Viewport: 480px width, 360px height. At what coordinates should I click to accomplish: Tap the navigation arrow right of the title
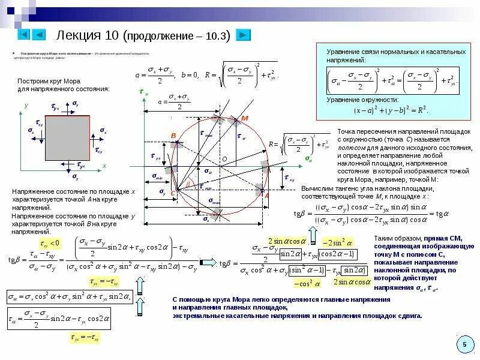[243, 35]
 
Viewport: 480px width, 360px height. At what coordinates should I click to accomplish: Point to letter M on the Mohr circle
[244, 118]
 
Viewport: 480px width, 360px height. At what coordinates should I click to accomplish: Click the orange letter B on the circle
[173, 136]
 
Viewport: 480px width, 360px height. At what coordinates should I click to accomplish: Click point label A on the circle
[266, 196]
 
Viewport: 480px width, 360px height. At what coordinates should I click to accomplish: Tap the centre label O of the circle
[224, 158]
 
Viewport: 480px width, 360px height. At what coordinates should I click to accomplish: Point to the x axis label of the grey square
[104, 166]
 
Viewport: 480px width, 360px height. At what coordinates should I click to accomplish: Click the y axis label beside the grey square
[26, 105]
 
